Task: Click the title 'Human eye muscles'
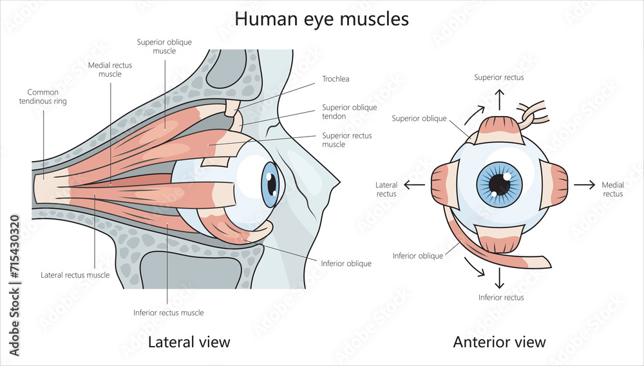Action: point(321,19)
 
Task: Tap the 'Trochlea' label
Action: point(336,80)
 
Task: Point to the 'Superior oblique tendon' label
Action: point(350,111)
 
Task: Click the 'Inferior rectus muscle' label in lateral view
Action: point(169,313)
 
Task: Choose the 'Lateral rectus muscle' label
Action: point(75,275)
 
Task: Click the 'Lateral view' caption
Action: point(189,342)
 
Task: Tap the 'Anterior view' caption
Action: point(499,342)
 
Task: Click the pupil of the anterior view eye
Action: point(499,184)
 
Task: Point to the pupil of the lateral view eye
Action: point(272,185)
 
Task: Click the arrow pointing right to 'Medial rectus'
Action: point(584,185)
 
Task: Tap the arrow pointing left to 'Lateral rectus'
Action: point(414,185)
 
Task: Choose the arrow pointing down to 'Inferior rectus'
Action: point(499,277)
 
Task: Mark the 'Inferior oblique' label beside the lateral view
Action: point(346,264)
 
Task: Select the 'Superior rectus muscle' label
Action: point(346,140)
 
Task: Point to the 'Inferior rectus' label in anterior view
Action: point(501,298)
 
